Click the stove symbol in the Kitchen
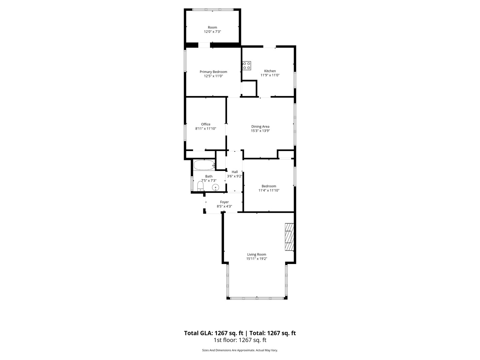tap(246, 66)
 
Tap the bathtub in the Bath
tap(204, 165)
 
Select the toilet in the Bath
tap(200, 186)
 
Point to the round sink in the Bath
tap(215, 188)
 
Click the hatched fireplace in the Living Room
tap(289, 237)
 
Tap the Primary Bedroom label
tap(213, 72)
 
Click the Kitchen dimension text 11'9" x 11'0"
tap(270, 75)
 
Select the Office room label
tap(206, 124)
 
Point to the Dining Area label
tap(260, 126)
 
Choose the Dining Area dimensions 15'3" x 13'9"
tap(260, 131)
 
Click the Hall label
tap(235, 172)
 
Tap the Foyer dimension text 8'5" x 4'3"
tap(224, 206)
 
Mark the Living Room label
tap(257, 254)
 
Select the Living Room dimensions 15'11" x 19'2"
tap(257, 259)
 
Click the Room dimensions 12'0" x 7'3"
tap(212, 31)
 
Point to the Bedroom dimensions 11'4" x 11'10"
tap(269, 190)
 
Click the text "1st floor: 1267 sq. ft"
tap(240, 340)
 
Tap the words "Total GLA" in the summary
tap(198, 333)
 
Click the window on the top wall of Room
tap(213, 10)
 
